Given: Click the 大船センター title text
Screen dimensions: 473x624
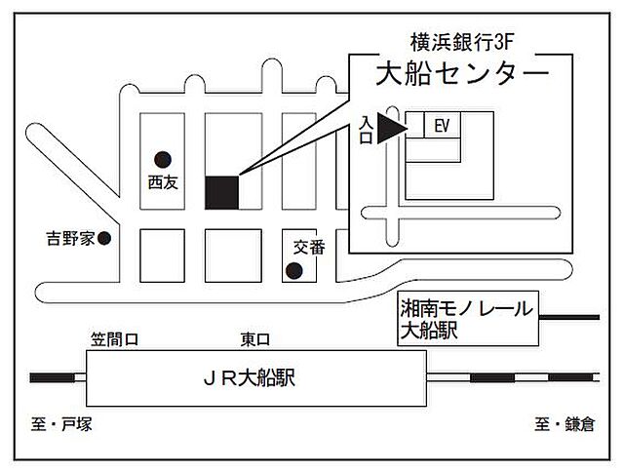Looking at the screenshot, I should click(461, 72).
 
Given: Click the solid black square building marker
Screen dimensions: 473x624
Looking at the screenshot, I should click(221, 191).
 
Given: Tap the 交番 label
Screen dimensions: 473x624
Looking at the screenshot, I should click(306, 248).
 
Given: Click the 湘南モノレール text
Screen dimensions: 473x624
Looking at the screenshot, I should click(469, 310).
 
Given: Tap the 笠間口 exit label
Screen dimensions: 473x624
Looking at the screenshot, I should click(116, 339).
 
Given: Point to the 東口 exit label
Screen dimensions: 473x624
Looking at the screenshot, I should click(254, 339).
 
